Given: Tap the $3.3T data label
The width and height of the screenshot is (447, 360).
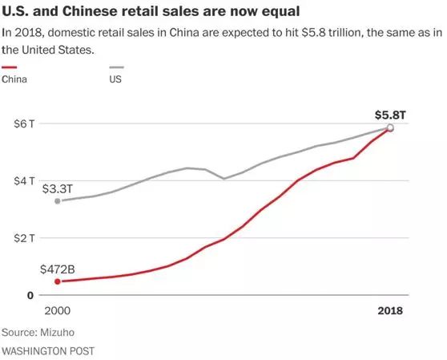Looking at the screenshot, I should pos(59,188).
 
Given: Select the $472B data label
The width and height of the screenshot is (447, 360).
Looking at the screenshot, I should pos(58,269).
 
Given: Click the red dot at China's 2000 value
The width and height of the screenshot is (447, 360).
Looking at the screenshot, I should pos(57,281).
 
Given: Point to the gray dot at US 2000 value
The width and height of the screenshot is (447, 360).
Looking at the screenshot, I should pos(57,200).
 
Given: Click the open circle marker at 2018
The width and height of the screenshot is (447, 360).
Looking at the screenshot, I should pos(390,127).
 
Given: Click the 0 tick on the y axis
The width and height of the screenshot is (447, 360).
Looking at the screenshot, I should pos(30,295).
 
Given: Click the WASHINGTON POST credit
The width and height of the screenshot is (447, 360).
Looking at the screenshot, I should pos(46,350).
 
